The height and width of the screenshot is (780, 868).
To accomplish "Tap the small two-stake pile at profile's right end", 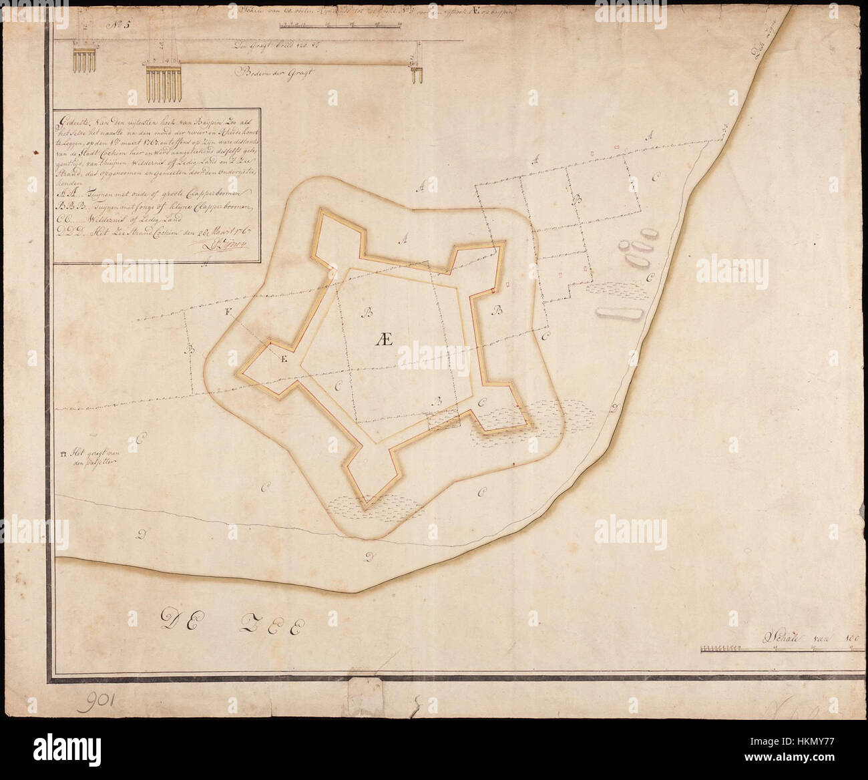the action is (x=417, y=73).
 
